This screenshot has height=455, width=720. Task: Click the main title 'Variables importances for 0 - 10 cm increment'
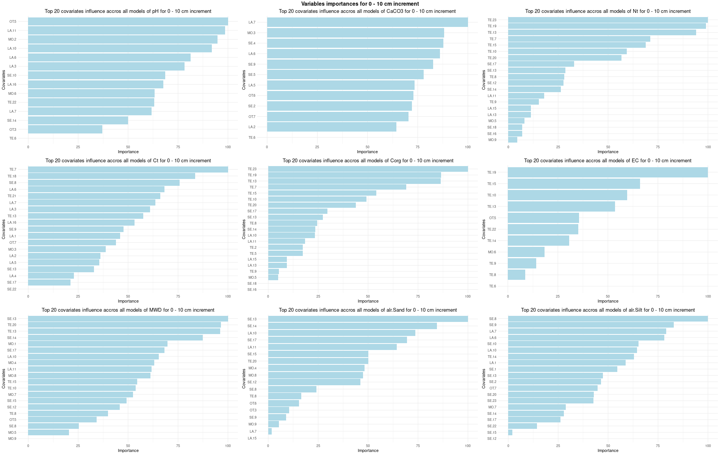360,4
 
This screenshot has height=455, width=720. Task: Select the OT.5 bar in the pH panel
128,22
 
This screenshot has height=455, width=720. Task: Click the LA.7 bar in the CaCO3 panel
367,22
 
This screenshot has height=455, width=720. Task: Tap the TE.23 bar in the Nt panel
607,20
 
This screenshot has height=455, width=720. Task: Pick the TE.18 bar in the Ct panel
111,176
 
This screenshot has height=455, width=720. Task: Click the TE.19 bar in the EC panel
607,173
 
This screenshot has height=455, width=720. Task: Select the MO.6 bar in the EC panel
526,252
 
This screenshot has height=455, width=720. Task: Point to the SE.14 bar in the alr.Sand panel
352,326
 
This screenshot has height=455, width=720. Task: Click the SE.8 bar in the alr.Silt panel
607,319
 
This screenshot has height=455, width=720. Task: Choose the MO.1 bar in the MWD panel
97,344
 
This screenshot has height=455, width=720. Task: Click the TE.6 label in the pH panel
13,138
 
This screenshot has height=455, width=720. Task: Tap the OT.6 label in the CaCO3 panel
252,96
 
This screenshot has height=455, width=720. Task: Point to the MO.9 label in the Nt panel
492,140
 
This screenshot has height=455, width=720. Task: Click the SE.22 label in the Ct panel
12,289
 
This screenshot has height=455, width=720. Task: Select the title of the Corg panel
368,161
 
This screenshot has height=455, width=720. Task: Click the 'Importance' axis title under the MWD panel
128,450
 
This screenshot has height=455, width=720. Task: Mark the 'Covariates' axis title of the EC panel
484,229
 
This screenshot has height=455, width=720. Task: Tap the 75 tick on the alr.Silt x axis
658,446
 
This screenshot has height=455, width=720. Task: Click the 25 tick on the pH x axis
78,147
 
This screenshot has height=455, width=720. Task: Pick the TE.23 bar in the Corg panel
368,169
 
